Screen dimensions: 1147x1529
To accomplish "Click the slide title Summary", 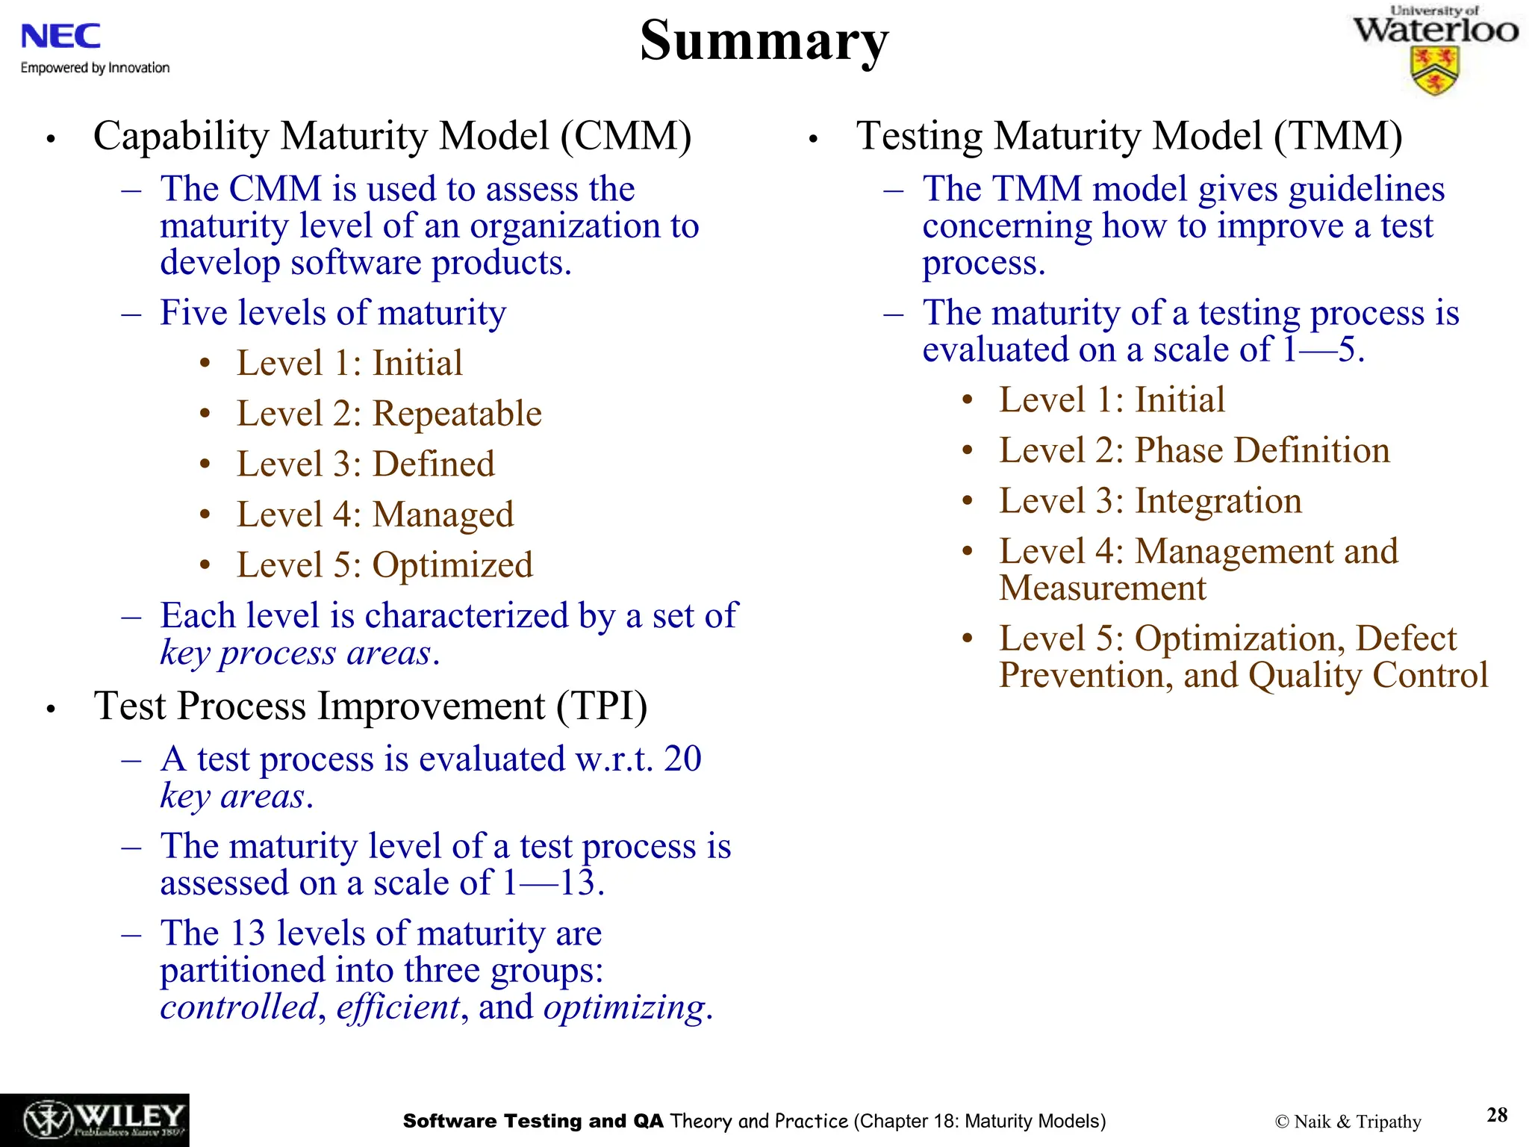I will click(764, 41).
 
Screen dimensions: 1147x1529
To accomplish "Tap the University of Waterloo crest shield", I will click(1434, 72).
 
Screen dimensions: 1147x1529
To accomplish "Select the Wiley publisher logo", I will click(95, 1120).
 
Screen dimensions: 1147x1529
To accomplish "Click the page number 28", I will click(1497, 1115).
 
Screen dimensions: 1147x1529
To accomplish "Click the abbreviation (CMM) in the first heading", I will click(626, 137).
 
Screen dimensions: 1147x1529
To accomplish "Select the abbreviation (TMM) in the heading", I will click(1338, 137).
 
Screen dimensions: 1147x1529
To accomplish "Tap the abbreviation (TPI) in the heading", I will click(602, 706).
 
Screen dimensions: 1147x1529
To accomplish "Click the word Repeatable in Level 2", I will click(457, 414).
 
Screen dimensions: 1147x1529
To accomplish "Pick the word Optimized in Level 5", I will click(452, 565).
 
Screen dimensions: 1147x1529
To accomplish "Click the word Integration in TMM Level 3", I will click(1218, 501).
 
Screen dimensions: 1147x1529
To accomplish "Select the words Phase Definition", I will click(1262, 451).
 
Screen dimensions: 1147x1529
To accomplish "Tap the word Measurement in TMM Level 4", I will click(1102, 588).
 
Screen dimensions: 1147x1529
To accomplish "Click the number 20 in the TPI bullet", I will click(682, 759).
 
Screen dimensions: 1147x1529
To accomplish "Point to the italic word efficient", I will click(398, 1007).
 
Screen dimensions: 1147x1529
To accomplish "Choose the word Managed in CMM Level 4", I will click(443, 515).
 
